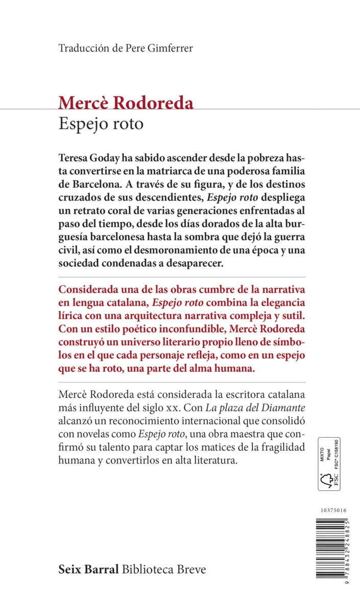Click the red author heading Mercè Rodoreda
[126, 103]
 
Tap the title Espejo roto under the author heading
[102, 125]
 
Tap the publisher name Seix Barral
[89, 569]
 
